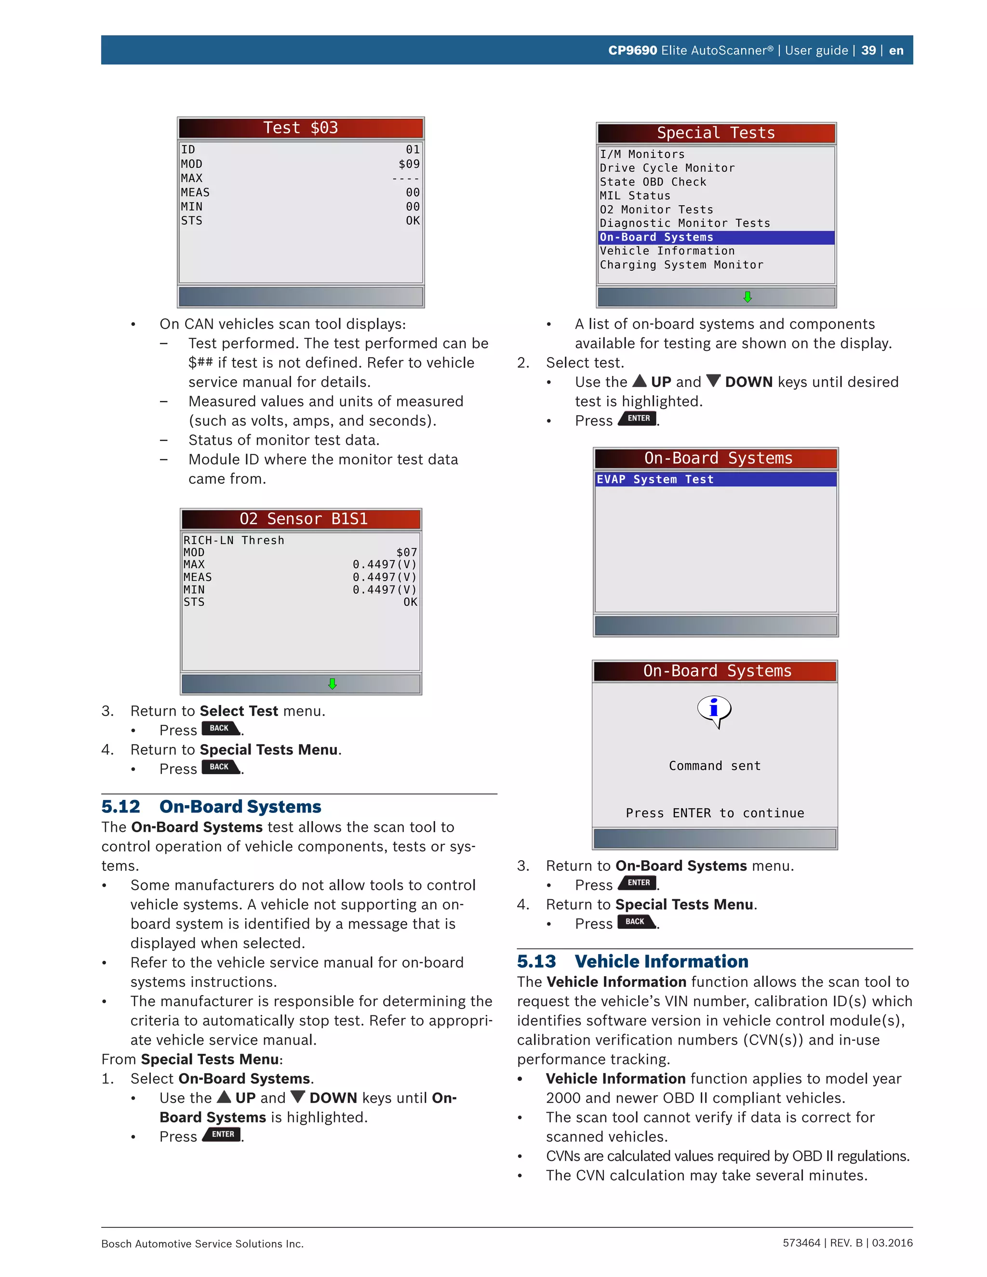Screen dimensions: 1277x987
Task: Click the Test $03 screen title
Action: coord(301,128)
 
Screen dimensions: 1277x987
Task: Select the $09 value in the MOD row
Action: coord(409,164)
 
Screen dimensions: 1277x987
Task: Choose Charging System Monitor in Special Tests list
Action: coord(681,265)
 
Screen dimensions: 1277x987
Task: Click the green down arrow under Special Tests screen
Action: coord(747,297)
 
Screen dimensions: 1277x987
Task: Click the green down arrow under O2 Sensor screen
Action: coord(332,683)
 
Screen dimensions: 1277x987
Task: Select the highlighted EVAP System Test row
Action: coord(715,479)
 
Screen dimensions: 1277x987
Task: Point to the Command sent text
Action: coord(715,766)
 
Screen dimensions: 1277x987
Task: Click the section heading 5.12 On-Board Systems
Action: coord(211,806)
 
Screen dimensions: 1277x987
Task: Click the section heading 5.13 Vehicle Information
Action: coord(632,961)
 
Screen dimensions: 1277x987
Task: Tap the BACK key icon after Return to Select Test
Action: coord(220,729)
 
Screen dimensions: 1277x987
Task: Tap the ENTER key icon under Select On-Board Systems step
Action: coord(222,1134)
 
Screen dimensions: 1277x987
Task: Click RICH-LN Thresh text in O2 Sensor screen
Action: coord(233,540)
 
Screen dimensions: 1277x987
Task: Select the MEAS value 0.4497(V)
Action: coord(384,577)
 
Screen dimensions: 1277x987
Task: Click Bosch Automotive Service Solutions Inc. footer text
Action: coord(202,1244)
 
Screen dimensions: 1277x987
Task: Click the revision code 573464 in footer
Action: coord(801,1243)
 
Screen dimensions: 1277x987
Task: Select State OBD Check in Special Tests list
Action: coord(653,182)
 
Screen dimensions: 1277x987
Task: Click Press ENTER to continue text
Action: coord(715,813)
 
